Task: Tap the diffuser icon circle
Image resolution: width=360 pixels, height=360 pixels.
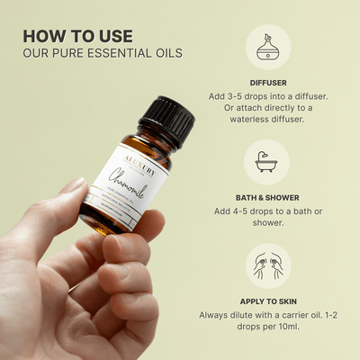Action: click(267, 48)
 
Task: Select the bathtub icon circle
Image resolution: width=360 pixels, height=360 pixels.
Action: click(267, 162)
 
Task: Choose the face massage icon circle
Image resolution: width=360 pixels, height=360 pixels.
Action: click(267, 267)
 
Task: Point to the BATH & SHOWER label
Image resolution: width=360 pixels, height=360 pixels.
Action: click(267, 197)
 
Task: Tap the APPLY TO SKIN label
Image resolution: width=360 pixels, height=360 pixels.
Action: click(267, 301)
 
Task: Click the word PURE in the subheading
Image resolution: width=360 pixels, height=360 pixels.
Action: click(65, 52)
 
